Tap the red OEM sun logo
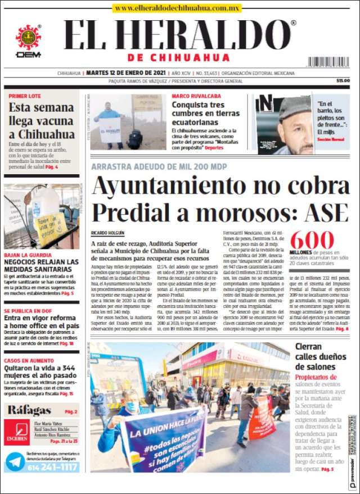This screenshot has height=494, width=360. click(x=28, y=37)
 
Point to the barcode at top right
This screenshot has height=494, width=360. click(x=328, y=62)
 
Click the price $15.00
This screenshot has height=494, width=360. click(x=343, y=81)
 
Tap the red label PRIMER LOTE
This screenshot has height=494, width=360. click(x=25, y=96)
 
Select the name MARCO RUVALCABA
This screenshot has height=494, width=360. click(x=196, y=96)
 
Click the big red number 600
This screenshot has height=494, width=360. click(x=312, y=241)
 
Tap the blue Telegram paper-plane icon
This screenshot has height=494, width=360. click(x=15, y=461)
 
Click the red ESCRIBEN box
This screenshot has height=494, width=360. click(x=16, y=432)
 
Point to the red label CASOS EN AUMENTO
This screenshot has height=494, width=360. click(x=28, y=360)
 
